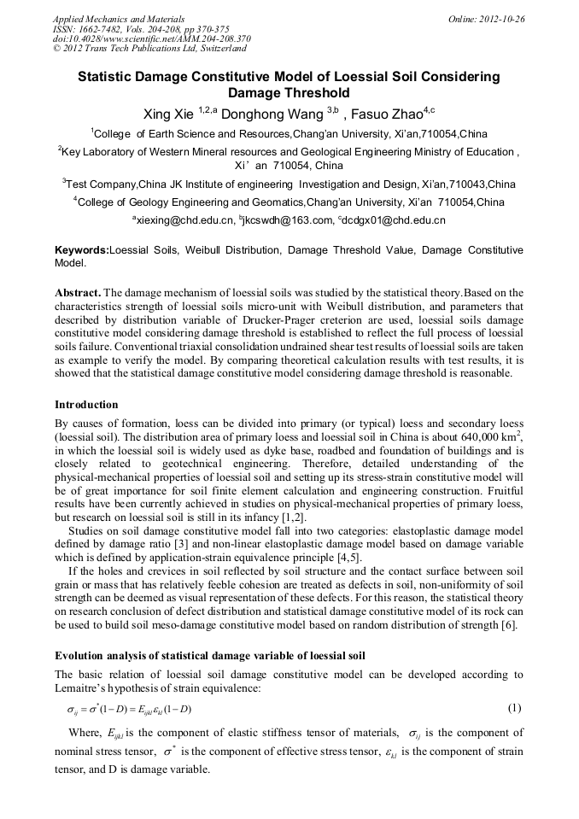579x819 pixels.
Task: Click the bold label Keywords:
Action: pyautogui.click(x=82, y=250)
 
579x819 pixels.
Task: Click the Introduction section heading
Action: pyautogui.click(x=86, y=404)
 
